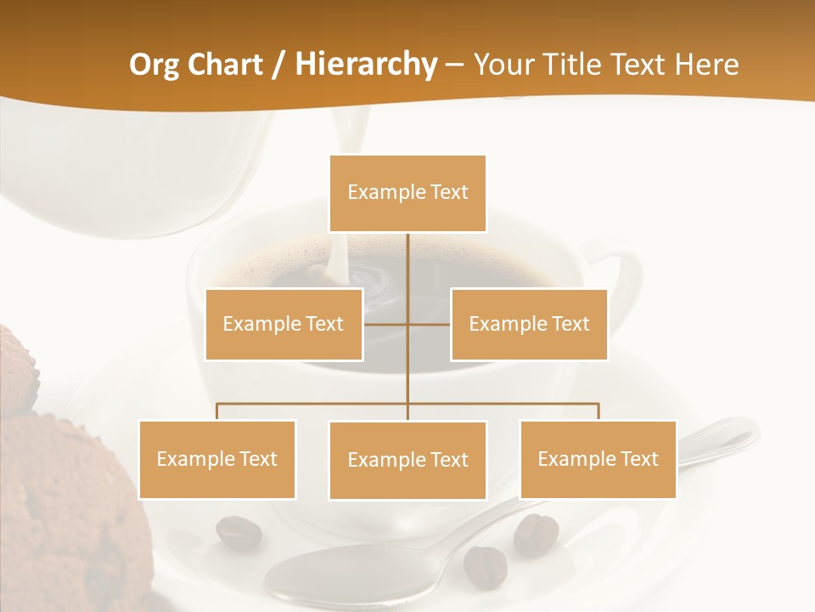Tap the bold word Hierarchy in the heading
point(366,65)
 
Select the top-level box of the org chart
point(407,193)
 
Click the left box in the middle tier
point(284,324)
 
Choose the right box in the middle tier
point(529,324)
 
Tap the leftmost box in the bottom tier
point(216,459)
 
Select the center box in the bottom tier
point(407,460)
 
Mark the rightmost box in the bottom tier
point(598,459)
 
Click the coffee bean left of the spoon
point(239,532)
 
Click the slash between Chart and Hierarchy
point(278,65)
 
